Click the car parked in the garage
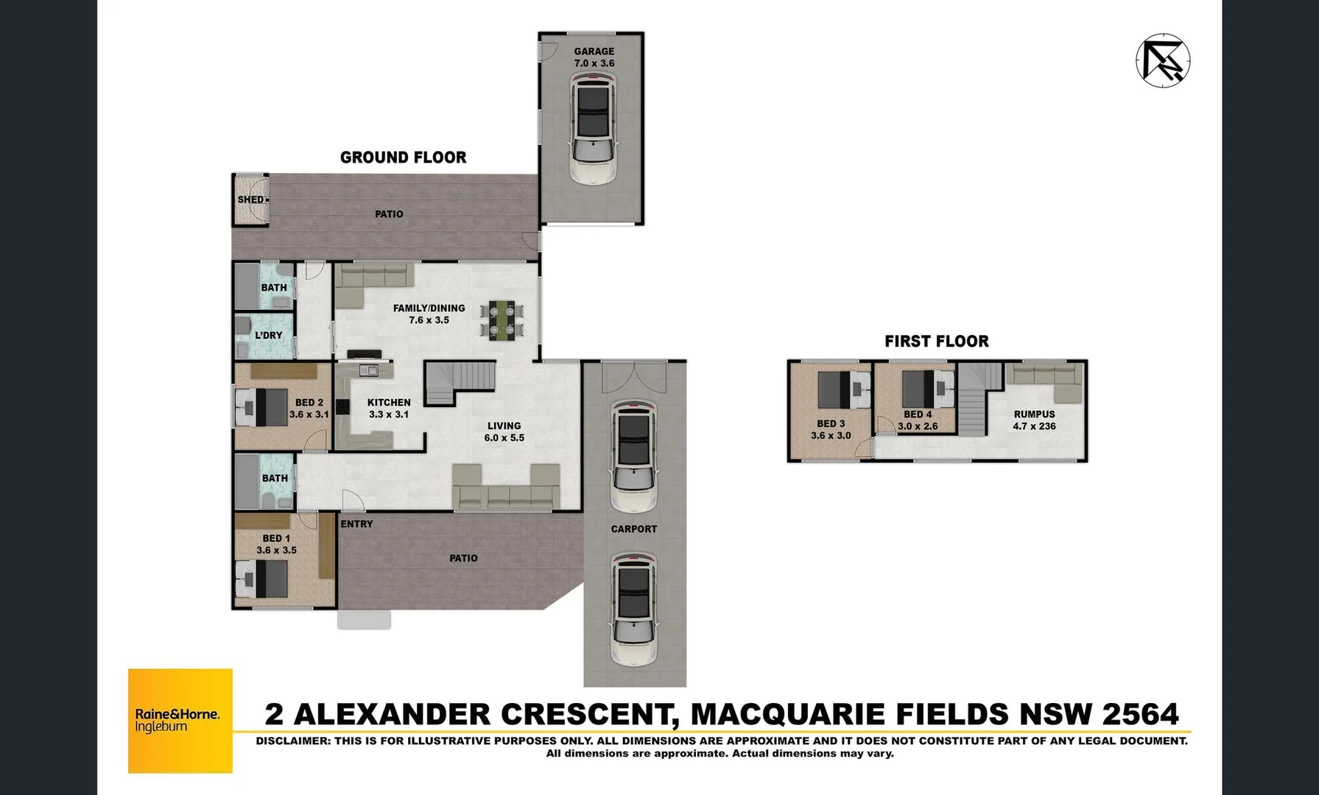tap(594, 132)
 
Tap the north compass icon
tap(1163, 60)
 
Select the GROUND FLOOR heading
tap(403, 158)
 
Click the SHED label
tap(250, 199)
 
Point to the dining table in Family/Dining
tap(506, 320)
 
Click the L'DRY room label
tap(269, 335)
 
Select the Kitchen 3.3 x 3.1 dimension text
tap(389, 414)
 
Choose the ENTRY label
tap(356, 524)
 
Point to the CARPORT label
tap(633, 529)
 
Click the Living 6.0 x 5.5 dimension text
tap(504, 438)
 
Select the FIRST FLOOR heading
tap(936, 342)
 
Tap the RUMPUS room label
tap(1034, 414)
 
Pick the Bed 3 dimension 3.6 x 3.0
tap(831, 436)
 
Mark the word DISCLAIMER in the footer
tap(292, 741)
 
